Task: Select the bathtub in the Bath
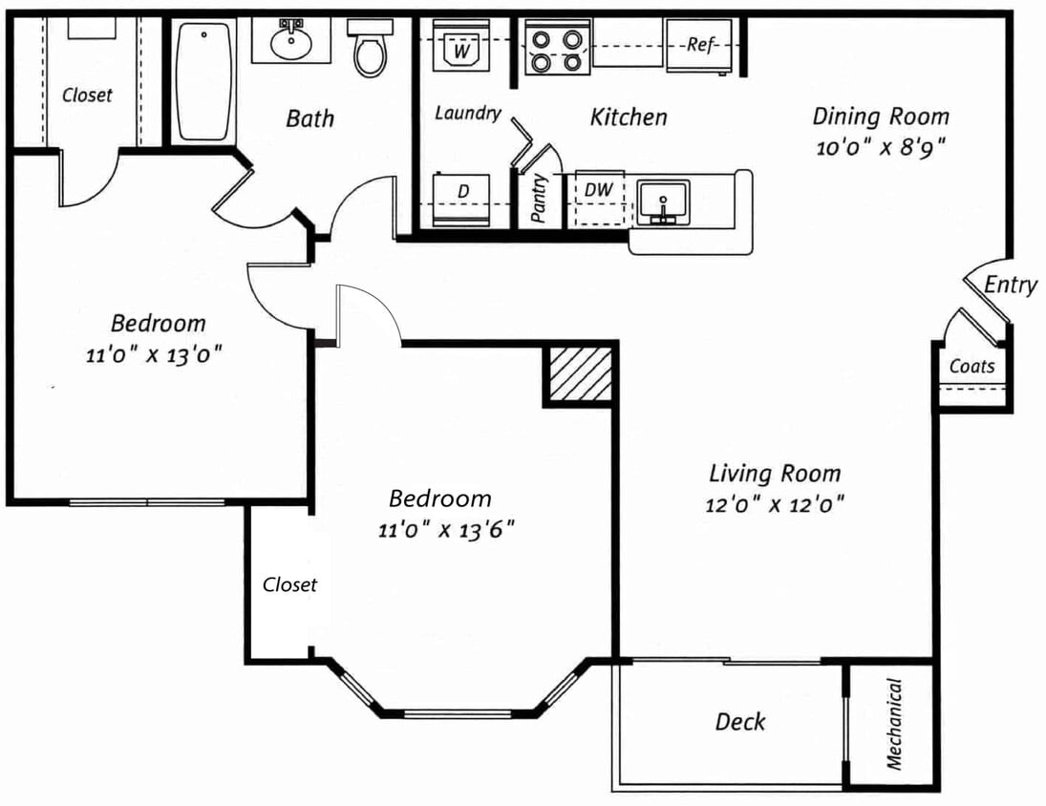(x=204, y=80)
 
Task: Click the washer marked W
(x=461, y=45)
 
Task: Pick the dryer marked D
(x=461, y=200)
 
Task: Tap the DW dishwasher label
(x=598, y=189)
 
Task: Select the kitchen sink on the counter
(x=662, y=202)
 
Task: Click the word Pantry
(x=539, y=198)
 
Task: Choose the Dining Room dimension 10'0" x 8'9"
(x=881, y=147)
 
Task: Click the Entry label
(x=1011, y=286)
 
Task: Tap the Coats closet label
(x=971, y=366)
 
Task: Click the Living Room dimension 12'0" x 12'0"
(x=775, y=504)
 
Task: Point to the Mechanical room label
(x=894, y=723)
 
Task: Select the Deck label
(x=739, y=721)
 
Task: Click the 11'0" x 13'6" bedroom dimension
(x=446, y=531)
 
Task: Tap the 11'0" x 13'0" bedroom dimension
(x=154, y=354)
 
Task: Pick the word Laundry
(x=468, y=114)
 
